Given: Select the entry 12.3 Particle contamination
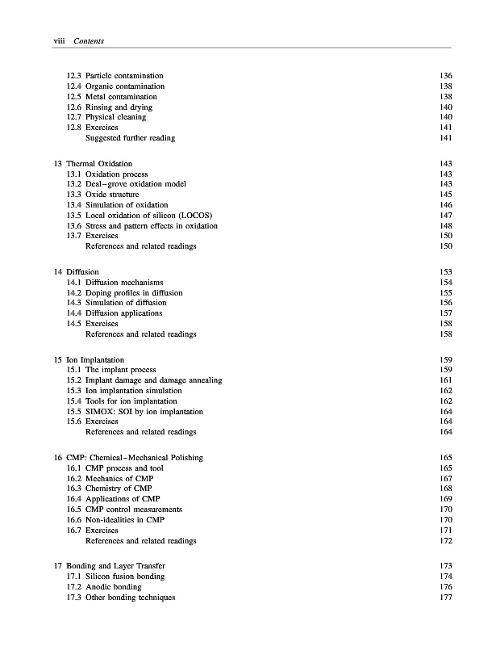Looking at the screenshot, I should point(116,76).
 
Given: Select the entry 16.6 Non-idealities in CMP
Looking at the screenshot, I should point(123,520).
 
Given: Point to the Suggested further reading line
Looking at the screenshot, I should point(130,138).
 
